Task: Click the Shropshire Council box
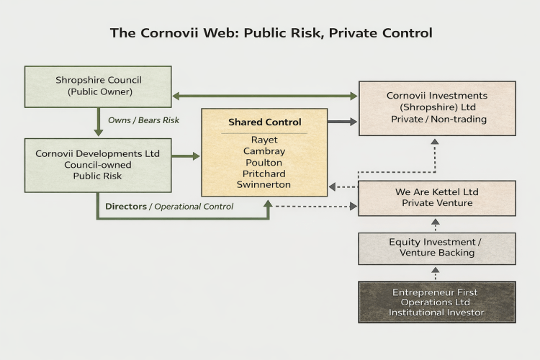(x=98, y=87)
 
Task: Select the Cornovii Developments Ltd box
(x=98, y=166)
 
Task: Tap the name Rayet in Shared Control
(x=264, y=140)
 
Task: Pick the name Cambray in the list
(x=264, y=151)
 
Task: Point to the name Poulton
(x=264, y=162)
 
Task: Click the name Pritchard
(x=264, y=174)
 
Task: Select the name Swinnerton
(x=264, y=184)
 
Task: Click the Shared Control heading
(x=264, y=122)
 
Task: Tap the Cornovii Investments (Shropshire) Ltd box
(x=437, y=109)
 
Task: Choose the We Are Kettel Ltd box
(x=437, y=199)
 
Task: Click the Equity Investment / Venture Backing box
(x=437, y=248)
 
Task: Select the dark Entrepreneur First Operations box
(x=437, y=302)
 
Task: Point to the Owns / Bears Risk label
(x=143, y=120)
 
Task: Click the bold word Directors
(x=126, y=207)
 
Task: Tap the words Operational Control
(x=194, y=207)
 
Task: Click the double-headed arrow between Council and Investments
(x=265, y=96)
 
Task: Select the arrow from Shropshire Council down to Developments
(x=99, y=122)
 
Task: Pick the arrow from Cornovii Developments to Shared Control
(x=186, y=156)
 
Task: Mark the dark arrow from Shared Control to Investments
(x=342, y=122)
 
